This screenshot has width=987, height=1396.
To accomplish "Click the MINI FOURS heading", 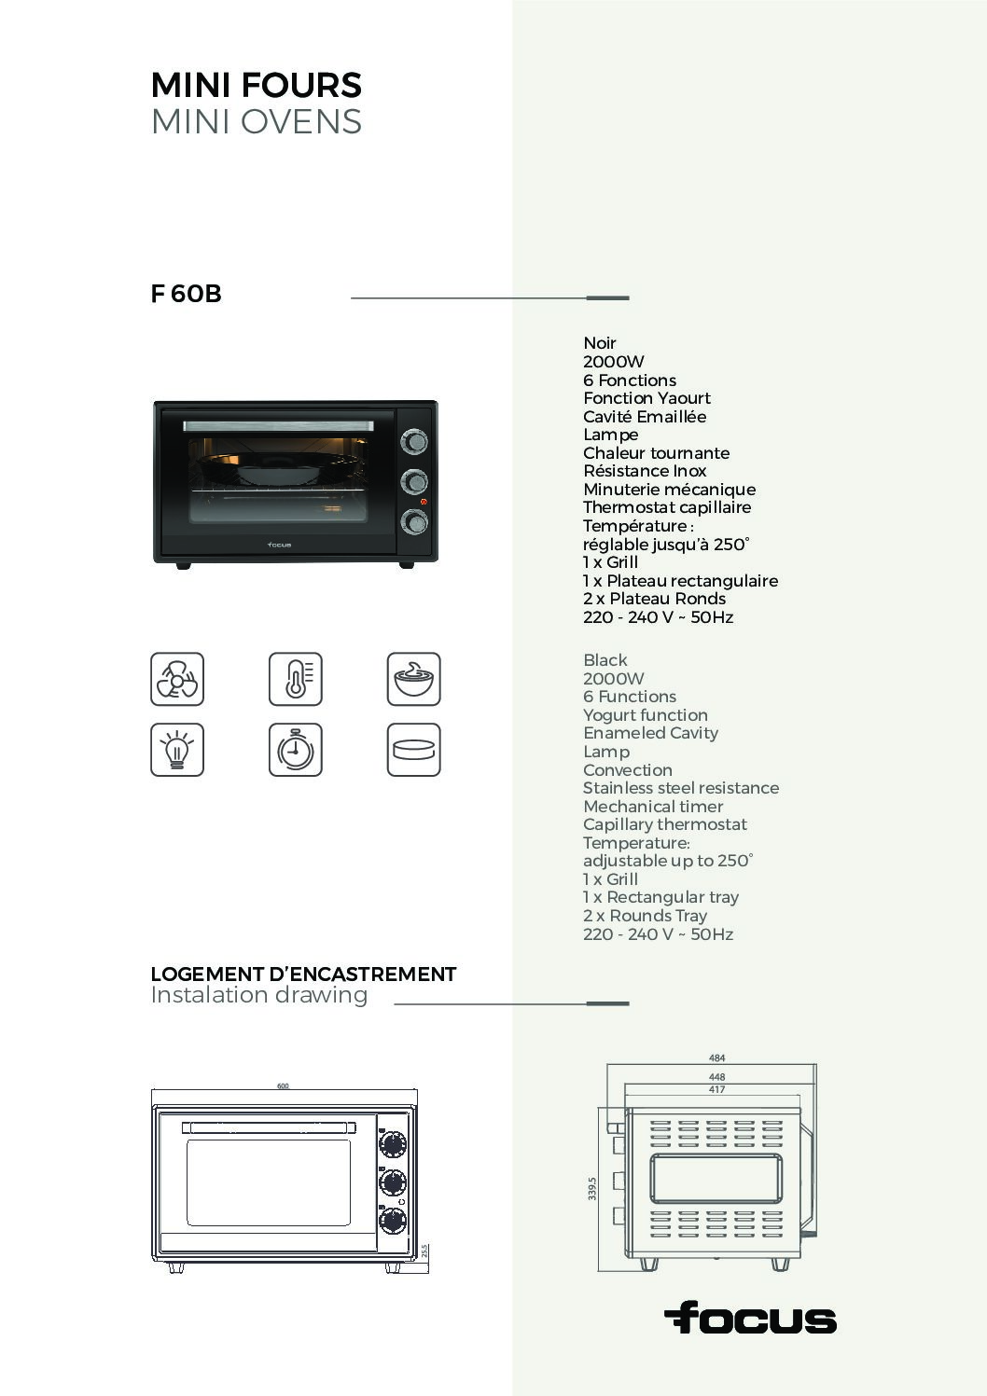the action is pos(257,86).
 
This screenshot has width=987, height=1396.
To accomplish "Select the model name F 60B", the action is pos(186,294).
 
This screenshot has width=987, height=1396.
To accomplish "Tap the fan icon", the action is pos(177,679).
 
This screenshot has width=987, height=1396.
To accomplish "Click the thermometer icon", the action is pos(296,679).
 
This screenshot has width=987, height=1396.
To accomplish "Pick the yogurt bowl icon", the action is pos(413,679).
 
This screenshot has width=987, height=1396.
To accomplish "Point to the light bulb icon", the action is pos(177,749).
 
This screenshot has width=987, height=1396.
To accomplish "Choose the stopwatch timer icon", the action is pos(296,749).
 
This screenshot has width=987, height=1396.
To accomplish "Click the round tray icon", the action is pos(413,749).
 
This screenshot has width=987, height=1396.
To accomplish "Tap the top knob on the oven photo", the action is pos(414,441).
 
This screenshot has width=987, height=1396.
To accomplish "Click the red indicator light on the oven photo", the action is pos(424,502).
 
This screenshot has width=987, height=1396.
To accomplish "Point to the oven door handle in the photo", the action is pos(278,426).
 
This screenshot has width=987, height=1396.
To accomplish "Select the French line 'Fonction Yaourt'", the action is pos(646,398).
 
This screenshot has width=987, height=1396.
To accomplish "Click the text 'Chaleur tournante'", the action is pos(656,453).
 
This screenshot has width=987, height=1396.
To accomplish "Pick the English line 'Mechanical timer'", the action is pos(653,807).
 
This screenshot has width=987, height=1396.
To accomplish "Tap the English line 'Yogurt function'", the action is pos(646,715).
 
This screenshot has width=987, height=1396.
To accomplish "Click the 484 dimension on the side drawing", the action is pos(717,1057).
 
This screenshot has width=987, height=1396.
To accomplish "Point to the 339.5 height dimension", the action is pos(591,1188).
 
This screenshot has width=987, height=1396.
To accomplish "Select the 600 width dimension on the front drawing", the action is pos(283,1085).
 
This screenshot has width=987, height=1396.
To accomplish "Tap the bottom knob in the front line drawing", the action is pos(393,1221).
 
